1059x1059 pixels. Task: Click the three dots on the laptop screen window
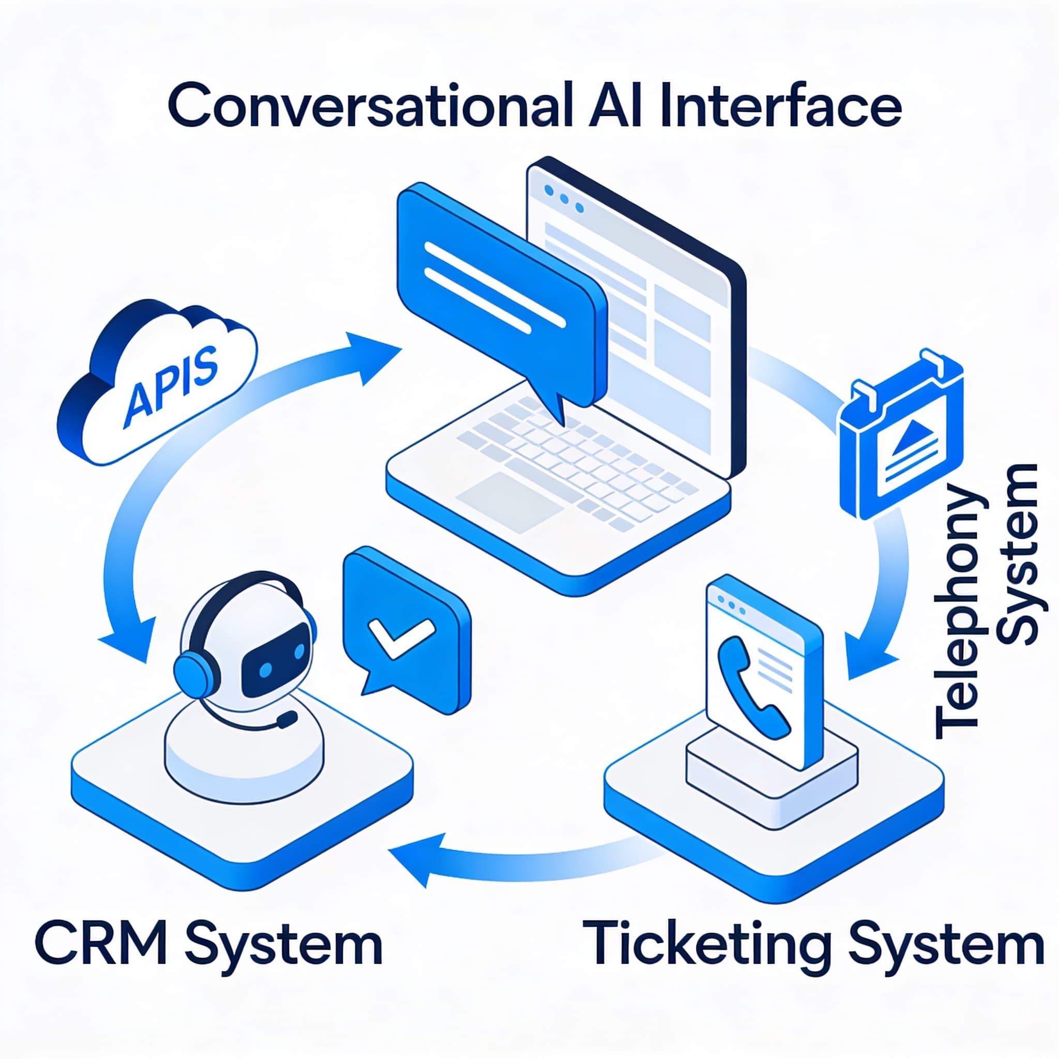click(x=563, y=200)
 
